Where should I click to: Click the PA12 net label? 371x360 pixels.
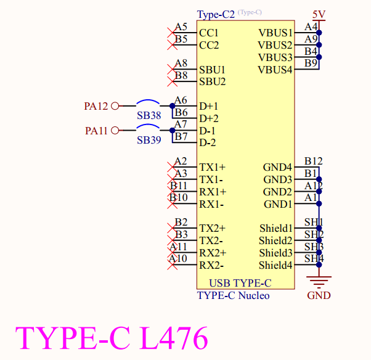(x=96, y=106)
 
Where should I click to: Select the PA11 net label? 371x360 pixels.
(x=96, y=131)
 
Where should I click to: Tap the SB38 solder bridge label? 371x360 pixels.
(x=149, y=116)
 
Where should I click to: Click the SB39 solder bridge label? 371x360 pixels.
(x=149, y=141)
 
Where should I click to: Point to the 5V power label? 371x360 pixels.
(x=319, y=14)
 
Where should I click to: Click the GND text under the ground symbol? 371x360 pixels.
(x=319, y=295)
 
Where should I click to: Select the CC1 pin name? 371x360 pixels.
(x=209, y=33)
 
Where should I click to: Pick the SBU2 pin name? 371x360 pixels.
(x=212, y=81)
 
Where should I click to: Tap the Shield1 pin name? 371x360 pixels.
(x=275, y=229)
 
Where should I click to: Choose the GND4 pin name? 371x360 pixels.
(x=277, y=167)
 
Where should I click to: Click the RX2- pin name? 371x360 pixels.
(x=211, y=266)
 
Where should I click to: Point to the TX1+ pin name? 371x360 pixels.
(x=212, y=167)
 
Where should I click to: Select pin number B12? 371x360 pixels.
(x=313, y=162)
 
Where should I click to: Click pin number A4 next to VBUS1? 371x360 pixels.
(x=311, y=27)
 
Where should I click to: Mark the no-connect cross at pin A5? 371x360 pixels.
(x=171, y=32)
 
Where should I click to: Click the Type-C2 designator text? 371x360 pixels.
(x=216, y=14)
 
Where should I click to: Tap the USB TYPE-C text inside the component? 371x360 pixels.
(x=240, y=284)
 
